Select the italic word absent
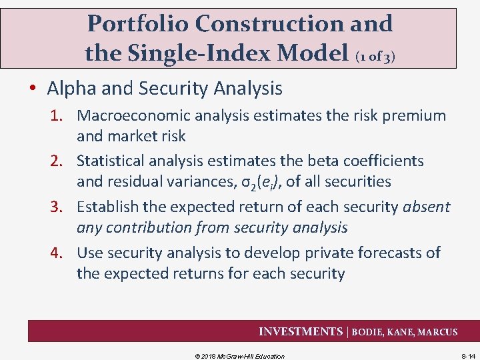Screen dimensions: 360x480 [x=427, y=207]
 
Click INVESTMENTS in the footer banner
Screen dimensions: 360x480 [x=301, y=331]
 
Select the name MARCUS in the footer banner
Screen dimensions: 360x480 [x=437, y=332]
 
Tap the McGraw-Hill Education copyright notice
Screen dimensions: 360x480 [x=239, y=356]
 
